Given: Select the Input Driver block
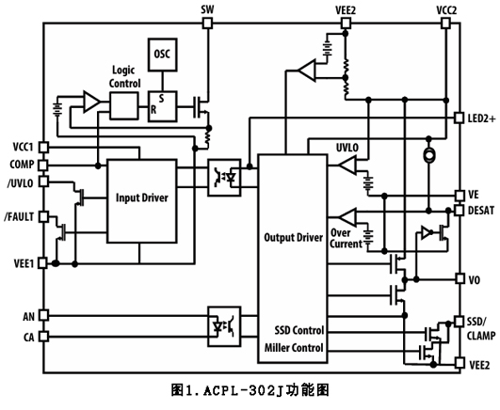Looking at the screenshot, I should pos(142,197).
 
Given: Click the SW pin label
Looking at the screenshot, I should pos(209,8).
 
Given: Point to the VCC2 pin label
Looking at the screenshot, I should pos(446,8).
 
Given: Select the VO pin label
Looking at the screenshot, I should pos(475,279).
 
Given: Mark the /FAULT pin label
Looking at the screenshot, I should pos(20,216).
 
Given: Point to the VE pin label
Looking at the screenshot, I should pos(474,194).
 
